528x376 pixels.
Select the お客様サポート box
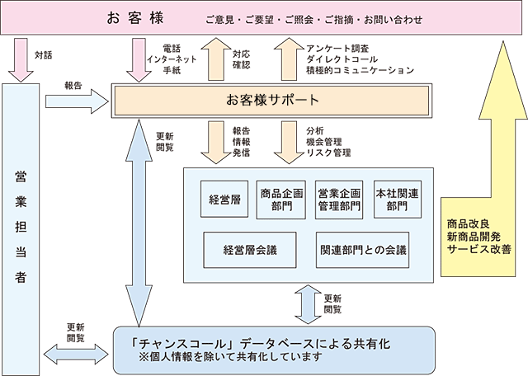[x=272, y=101]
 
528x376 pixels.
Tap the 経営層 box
[x=224, y=200]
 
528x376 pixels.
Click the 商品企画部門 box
[x=280, y=200]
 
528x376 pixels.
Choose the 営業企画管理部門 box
[x=339, y=200]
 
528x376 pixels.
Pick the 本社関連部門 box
[x=397, y=200]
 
